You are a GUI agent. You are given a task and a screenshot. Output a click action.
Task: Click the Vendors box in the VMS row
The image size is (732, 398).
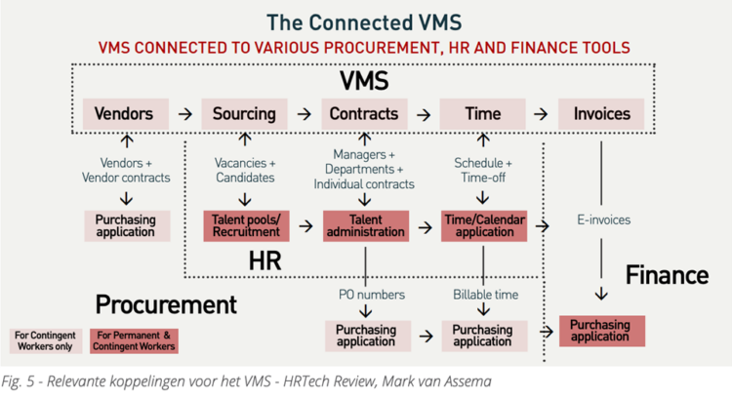[124, 114]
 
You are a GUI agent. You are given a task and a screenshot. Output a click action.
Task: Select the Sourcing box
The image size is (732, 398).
[244, 114]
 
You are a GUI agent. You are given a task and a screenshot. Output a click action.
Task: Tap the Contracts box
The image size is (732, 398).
[364, 114]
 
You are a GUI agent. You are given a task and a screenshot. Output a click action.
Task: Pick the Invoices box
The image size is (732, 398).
[601, 114]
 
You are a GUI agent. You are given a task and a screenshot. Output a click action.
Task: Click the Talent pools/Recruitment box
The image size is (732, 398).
[244, 225]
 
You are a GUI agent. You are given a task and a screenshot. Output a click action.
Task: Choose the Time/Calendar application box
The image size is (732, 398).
[484, 225]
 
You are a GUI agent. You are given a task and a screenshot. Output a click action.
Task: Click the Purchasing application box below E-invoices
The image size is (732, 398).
[600, 330]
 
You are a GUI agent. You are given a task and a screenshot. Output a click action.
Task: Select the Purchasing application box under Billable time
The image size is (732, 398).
[483, 336]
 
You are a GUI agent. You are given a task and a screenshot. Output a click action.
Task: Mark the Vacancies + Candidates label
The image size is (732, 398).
[244, 170]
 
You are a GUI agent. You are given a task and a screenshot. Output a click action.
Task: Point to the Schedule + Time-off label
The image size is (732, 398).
[484, 170]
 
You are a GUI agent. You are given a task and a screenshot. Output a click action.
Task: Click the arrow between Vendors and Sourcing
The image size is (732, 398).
[184, 114]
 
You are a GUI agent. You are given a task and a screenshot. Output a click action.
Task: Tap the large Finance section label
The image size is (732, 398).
[667, 275]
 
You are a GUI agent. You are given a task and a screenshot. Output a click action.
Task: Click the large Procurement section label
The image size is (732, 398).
[166, 304]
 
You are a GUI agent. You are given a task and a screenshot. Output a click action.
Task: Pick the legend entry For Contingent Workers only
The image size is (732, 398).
[46, 340]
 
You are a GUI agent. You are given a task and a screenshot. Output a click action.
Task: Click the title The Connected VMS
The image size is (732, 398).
[364, 21]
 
